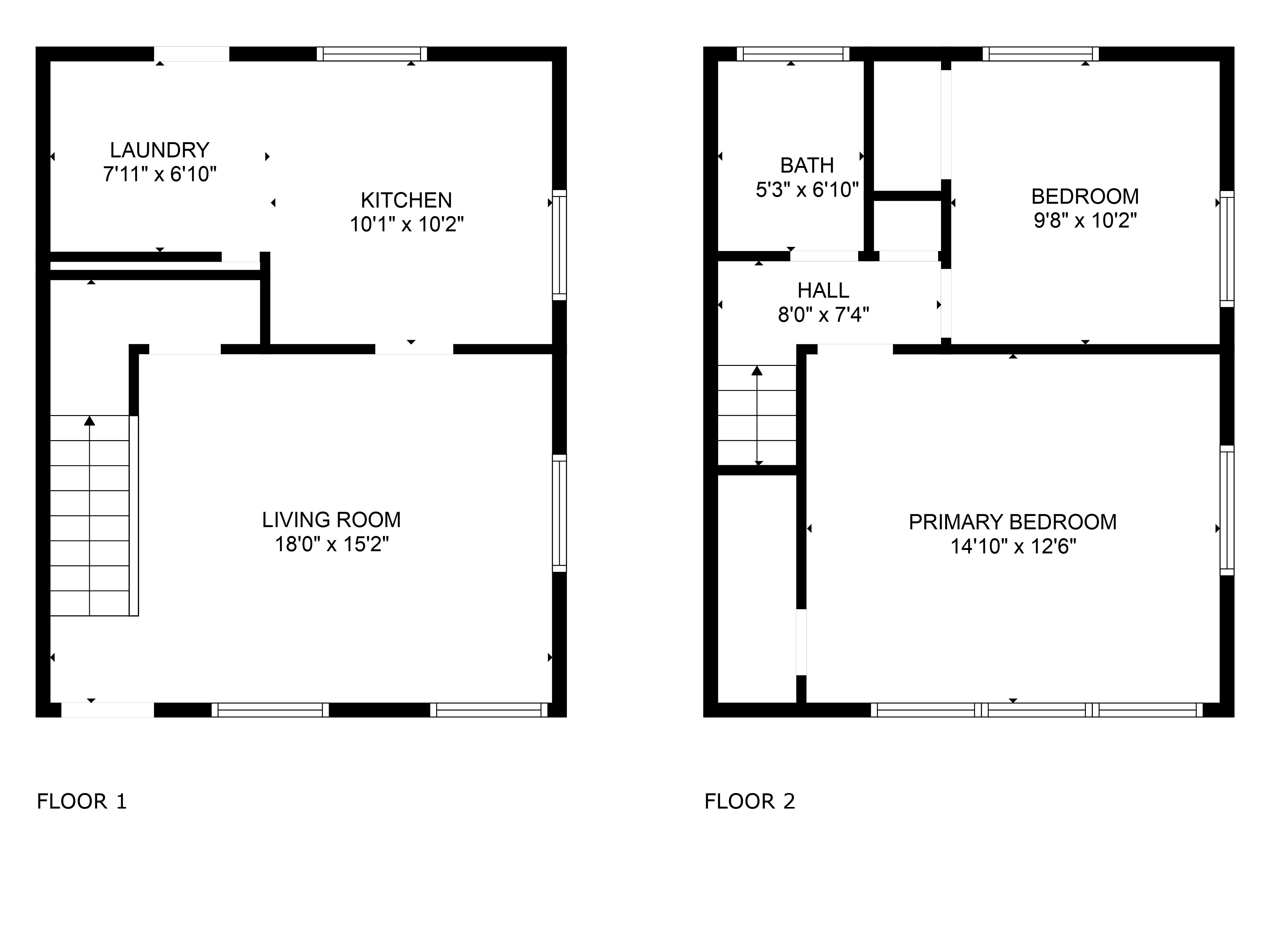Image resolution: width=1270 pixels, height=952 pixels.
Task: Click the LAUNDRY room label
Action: tap(160, 150)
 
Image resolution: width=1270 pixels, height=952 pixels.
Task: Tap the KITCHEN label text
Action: tap(406, 200)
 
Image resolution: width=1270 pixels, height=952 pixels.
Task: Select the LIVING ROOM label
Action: tap(331, 520)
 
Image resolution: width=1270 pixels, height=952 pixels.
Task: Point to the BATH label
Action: tap(807, 165)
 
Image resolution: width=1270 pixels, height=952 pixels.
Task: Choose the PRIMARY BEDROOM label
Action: tap(1013, 522)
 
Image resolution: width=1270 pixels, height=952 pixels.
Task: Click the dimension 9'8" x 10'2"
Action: tap(1085, 220)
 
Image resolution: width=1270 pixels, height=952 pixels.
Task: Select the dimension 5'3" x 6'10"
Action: tap(807, 189)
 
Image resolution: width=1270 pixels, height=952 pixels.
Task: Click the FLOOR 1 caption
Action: tap(82, 801)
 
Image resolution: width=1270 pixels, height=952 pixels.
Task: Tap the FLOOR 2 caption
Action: tap(750, 801)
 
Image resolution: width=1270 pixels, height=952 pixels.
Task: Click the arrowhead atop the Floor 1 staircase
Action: tap(90, 420)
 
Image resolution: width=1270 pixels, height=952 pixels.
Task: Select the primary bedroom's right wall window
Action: tap(1227, 511)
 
